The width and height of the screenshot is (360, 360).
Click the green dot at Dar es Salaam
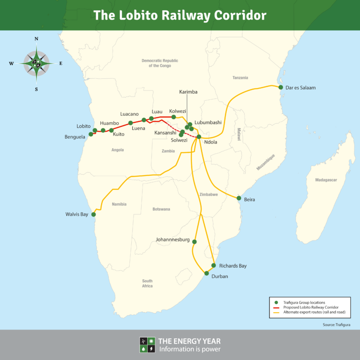[281, 87]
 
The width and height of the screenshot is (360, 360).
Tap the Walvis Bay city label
[77, 215]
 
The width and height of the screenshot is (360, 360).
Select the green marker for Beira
[239, 198]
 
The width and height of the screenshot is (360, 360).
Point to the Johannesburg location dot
[195, 242]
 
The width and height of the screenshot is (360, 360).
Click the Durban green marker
[207, 273]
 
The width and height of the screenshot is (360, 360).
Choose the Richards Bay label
[233, 266]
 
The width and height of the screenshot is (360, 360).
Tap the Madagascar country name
[326, 180]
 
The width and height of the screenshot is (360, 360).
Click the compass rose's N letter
[36, 39]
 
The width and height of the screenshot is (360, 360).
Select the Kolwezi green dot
[173, 117]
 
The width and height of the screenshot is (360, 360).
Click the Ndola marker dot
[199, 137]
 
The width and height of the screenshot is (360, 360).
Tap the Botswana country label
[161, 209]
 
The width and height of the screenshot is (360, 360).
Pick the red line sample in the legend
[276, 307]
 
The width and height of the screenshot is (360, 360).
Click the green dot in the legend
[276, 302]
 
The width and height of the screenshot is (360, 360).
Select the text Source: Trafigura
[336, 324]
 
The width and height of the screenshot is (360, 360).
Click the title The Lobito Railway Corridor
[180, 15]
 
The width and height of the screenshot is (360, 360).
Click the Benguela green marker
[91, 135]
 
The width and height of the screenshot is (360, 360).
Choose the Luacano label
[129, 114]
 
